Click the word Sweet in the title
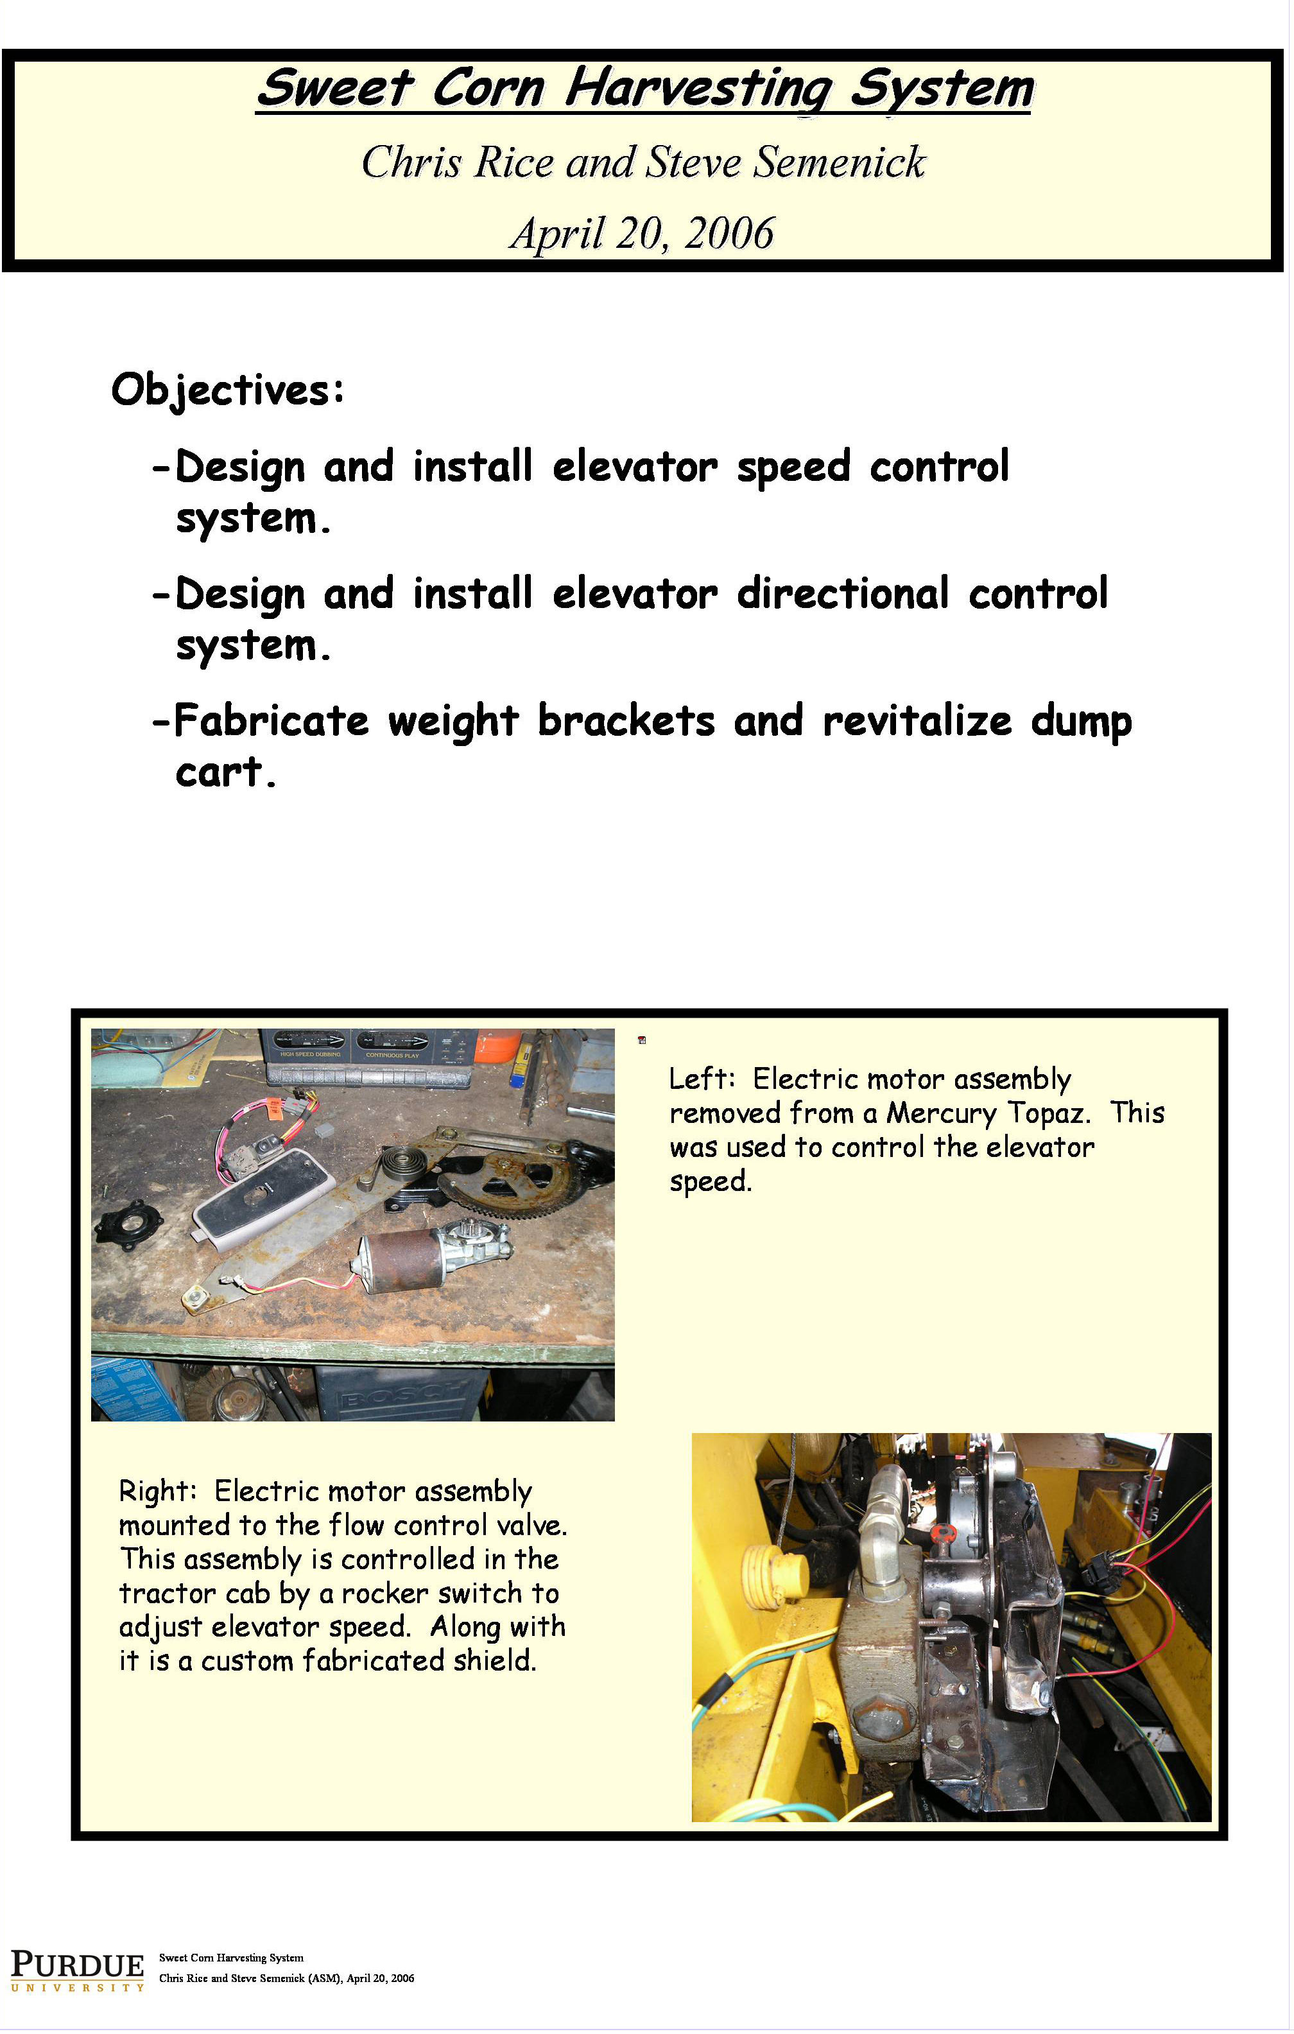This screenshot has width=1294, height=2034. pos(334,89)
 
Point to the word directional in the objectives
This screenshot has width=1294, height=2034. pos(842,593)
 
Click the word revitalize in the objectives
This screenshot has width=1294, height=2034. pos(917,720)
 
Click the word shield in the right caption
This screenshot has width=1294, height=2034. pos(494,1660)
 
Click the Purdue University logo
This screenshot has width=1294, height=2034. pos(77,1970)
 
